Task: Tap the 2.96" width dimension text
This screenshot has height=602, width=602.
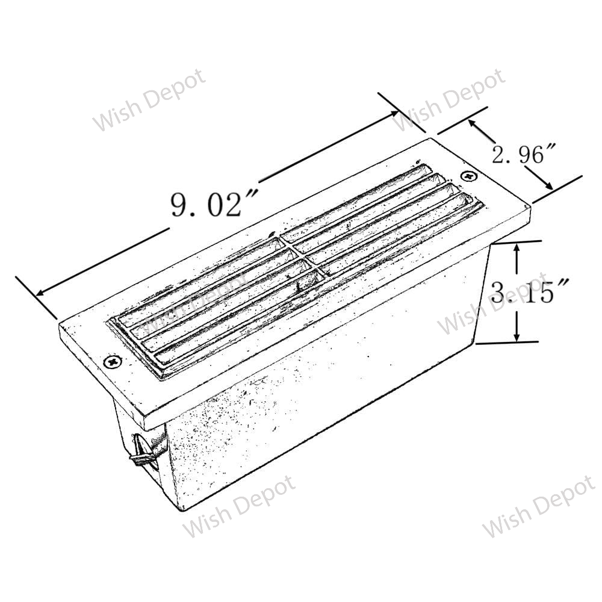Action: click(518, 155)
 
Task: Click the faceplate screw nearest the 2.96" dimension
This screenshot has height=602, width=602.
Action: click(468, 175)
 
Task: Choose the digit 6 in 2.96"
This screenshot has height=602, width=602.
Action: click(534, 155)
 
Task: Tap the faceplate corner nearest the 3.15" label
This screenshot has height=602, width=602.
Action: click(529, 206)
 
